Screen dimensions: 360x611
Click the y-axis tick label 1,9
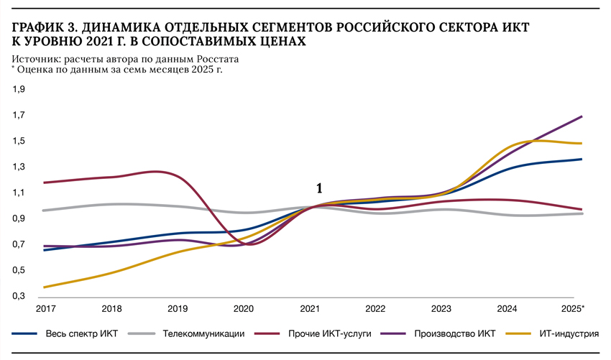click(19, 89)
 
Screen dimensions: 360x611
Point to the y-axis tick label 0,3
click(19, 296)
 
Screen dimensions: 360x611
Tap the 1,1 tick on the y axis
click(19, 193)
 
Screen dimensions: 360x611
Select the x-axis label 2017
click(45, 308)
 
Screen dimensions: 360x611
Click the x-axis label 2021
click(310, 308)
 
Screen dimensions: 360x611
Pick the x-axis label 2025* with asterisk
click(573, 308)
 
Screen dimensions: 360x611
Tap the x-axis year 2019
click(178, 308)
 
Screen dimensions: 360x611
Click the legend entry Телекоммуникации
click(203, 334)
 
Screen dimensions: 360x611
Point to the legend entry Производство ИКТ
click(454, 334)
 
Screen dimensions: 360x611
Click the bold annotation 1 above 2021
click(319, 188)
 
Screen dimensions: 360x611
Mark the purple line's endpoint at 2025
click(582, 116)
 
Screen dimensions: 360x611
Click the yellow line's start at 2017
click(45, 287)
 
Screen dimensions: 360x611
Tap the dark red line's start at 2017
click(45, 183)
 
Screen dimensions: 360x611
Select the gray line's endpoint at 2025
click(582, 213)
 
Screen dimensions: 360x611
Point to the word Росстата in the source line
click(219, 59)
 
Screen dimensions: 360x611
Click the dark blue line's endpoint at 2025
click(582, 159)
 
